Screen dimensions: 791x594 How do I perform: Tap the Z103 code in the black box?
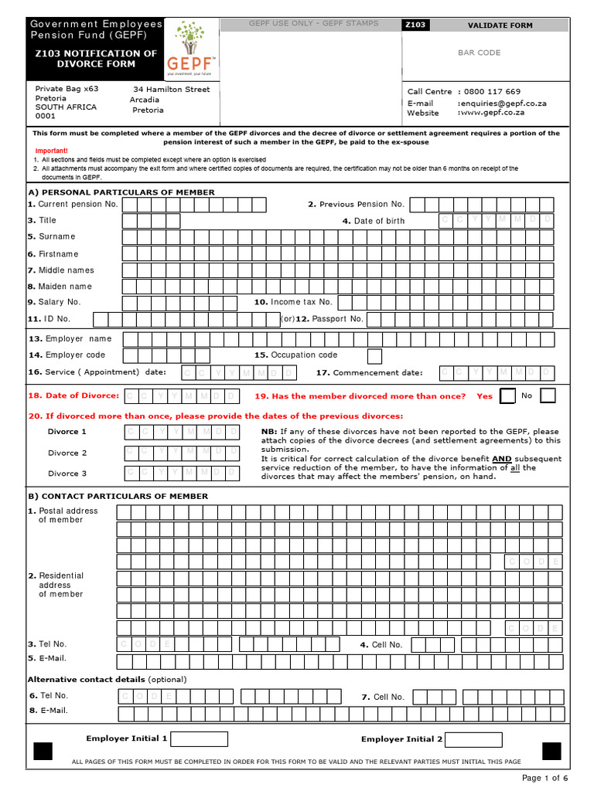pos(415,25)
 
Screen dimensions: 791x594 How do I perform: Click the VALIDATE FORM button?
pos(500,25)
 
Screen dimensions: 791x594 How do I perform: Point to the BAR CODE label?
pos(480,53)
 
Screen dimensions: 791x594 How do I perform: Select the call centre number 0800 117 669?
pos(492,91)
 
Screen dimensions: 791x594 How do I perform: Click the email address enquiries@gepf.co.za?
pos(502,103)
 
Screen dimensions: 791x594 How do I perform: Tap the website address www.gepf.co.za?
pos(492,113)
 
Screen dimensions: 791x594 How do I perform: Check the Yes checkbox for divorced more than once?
pos(507,396)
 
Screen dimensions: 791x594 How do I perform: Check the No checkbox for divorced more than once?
pos(548,396)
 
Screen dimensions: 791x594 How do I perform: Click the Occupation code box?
pos(374,356)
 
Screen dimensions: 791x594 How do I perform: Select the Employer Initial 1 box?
pos(199,739)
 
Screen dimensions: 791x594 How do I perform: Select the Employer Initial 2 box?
pos(474,739)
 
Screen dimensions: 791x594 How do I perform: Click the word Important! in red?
pos(51,151)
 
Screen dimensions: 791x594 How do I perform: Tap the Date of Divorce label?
pos(73,395)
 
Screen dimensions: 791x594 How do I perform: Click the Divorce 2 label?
pos(67,453)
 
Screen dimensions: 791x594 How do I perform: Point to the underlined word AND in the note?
pos(502,458)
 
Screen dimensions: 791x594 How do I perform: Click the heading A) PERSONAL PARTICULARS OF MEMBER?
pos(121,192)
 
